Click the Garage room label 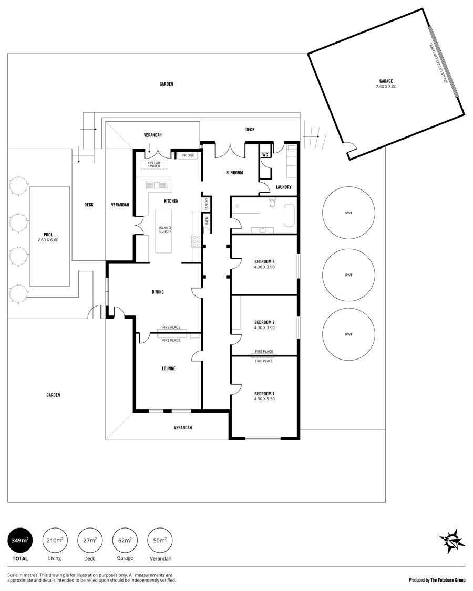point(386,81)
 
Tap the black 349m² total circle point(20,541)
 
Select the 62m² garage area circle point(125,541)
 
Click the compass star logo point(452,541)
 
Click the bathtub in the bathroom point(289,216)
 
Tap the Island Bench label point(165,229)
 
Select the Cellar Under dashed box point(154,165)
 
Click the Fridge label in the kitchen point(188,155)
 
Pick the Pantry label point(207,204)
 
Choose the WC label point(265,155)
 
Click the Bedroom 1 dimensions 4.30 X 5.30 point(264,399)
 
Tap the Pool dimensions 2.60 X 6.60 point(48,240)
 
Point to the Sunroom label point(234,173)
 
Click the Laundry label point(283,187)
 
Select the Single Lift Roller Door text point(439,64)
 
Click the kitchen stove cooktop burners point(197,241)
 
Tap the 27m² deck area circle point(89,541)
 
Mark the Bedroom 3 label point(264,261)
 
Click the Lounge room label point(169,368)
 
